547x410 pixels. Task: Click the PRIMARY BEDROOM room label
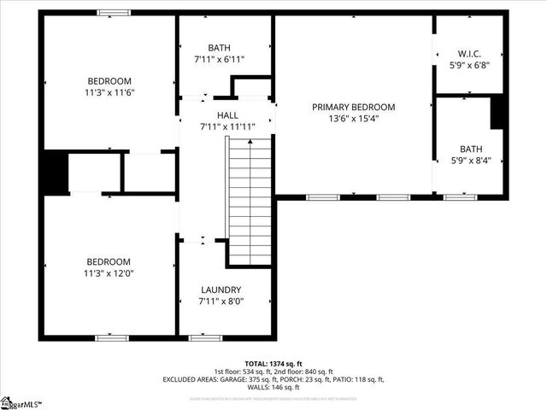coord(353,107)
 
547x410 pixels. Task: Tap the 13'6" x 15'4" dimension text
coord(353,119)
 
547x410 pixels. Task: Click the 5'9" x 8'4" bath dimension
coord(471,160)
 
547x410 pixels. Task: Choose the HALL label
coord(227,114)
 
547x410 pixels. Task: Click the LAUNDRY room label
coord(221,290)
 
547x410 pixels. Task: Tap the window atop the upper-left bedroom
coord(114,12)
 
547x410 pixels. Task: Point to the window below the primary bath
coord(460,197)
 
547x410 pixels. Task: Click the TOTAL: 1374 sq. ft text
coord(273,363)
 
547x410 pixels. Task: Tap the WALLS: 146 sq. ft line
coord(273,387)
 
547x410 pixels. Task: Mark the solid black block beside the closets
coord(56,172)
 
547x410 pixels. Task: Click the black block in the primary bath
coord(499,114)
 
